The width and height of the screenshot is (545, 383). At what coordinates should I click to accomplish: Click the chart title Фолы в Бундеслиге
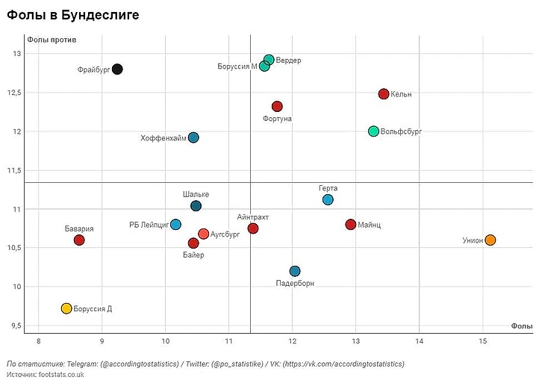pos(73,15)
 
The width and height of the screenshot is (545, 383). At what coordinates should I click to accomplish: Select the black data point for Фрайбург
pos(117,69)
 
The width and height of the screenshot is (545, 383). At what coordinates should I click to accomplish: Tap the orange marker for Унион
pos(490,240)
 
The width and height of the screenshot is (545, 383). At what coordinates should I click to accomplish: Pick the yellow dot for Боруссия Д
pos(66,308)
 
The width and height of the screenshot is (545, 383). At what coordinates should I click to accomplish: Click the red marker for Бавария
pos(79,240)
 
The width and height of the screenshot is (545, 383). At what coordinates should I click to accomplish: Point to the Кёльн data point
pos(384,94)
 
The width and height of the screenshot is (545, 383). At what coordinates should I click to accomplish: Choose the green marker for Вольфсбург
pos(373,131)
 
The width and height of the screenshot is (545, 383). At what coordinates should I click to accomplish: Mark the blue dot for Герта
pos(328,199)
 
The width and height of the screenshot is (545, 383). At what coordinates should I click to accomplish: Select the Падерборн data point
pos(295,271)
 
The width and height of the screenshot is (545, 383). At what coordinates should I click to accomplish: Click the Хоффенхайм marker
pos(193,137)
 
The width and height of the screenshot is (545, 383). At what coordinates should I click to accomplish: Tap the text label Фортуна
pos(277,119)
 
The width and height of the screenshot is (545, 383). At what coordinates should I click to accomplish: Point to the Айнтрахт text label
pos(252,217)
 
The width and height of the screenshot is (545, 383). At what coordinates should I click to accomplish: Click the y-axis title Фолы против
pos(52,39)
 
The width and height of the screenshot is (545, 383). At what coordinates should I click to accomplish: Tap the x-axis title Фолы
pos(522,326)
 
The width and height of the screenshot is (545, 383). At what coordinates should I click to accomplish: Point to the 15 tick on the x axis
pos(483,341)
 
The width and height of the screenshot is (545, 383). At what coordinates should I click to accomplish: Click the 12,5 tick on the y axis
pos(15,93)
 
